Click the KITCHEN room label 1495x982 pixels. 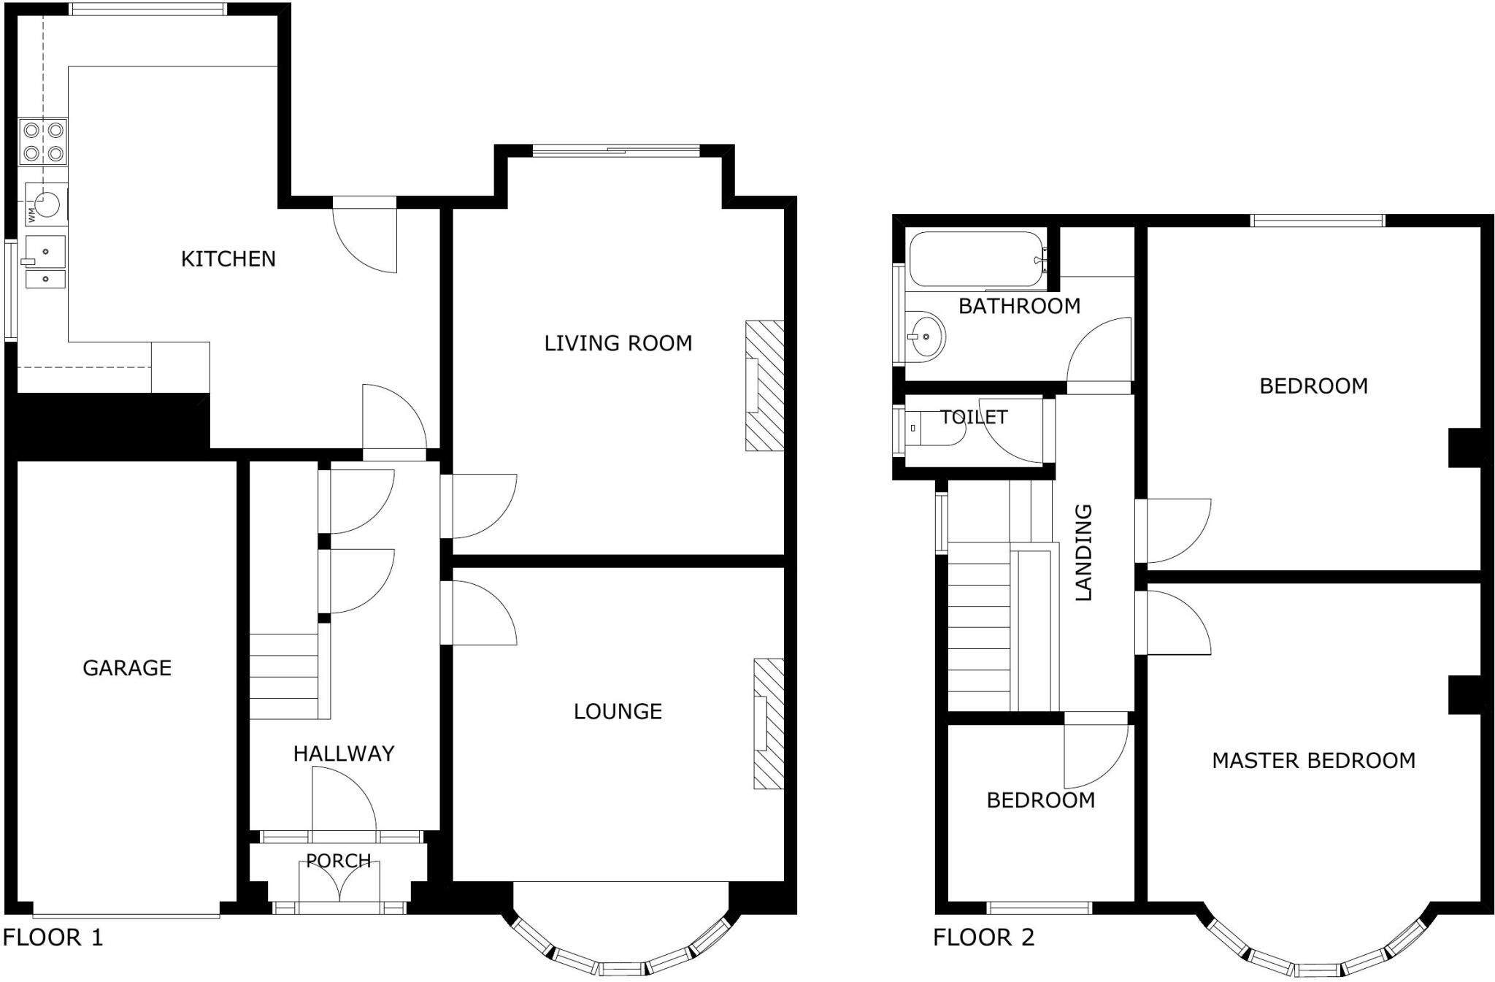228,258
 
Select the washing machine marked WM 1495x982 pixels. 46,203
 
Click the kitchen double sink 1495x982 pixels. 45,262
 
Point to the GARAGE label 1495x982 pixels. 127,667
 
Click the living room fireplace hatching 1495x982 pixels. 764,385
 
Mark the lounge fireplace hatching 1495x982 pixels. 769,724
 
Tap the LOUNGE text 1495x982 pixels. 618,711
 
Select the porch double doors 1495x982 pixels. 339,885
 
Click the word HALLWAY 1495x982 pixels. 344,753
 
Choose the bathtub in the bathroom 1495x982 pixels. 977,259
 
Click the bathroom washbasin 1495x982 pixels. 926,337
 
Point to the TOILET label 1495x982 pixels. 974,417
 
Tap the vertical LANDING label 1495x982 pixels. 1084,552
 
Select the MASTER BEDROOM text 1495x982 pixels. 1313,761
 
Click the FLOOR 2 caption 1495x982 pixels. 983,937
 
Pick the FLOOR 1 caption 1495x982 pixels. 53,937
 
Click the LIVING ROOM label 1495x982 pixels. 618,343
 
